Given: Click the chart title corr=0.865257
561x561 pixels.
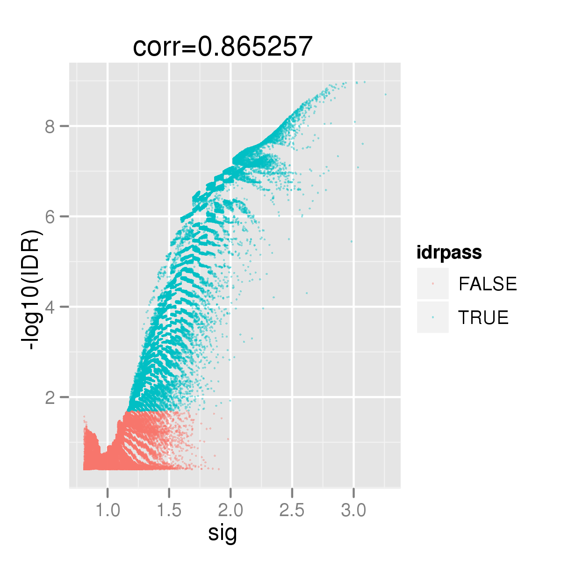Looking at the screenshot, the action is pos(223,47).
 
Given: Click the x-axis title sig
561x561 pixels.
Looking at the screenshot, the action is pos(223,533).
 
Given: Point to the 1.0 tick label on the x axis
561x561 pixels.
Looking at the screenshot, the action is pos(108,511).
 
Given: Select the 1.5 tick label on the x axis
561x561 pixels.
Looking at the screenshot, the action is pos(169,511).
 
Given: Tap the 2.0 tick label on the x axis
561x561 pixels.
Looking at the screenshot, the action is pos(230,511).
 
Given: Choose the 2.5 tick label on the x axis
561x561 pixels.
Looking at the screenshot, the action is pos(292,511).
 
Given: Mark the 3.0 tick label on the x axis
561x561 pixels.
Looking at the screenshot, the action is pos(353,511).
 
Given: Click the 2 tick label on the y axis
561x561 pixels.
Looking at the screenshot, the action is pos(50,397).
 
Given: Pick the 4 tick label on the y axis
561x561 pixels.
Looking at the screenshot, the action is pos(50,307).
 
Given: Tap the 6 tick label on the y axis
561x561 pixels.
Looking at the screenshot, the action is pos(50,216).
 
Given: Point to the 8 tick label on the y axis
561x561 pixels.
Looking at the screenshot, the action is pos(50,126).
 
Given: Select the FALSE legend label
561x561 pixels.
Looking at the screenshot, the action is pos(488,284).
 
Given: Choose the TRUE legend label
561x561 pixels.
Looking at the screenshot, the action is pos(483,317).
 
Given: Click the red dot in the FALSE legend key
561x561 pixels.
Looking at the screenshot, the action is pos(433,284).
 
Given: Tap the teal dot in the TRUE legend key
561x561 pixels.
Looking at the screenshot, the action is pos(433,317).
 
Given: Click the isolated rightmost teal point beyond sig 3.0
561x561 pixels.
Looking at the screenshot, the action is pos(385,94).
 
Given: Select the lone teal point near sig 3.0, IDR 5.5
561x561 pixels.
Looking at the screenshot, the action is pos(352,241).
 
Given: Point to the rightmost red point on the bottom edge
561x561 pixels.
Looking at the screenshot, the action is pos(219,469).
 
